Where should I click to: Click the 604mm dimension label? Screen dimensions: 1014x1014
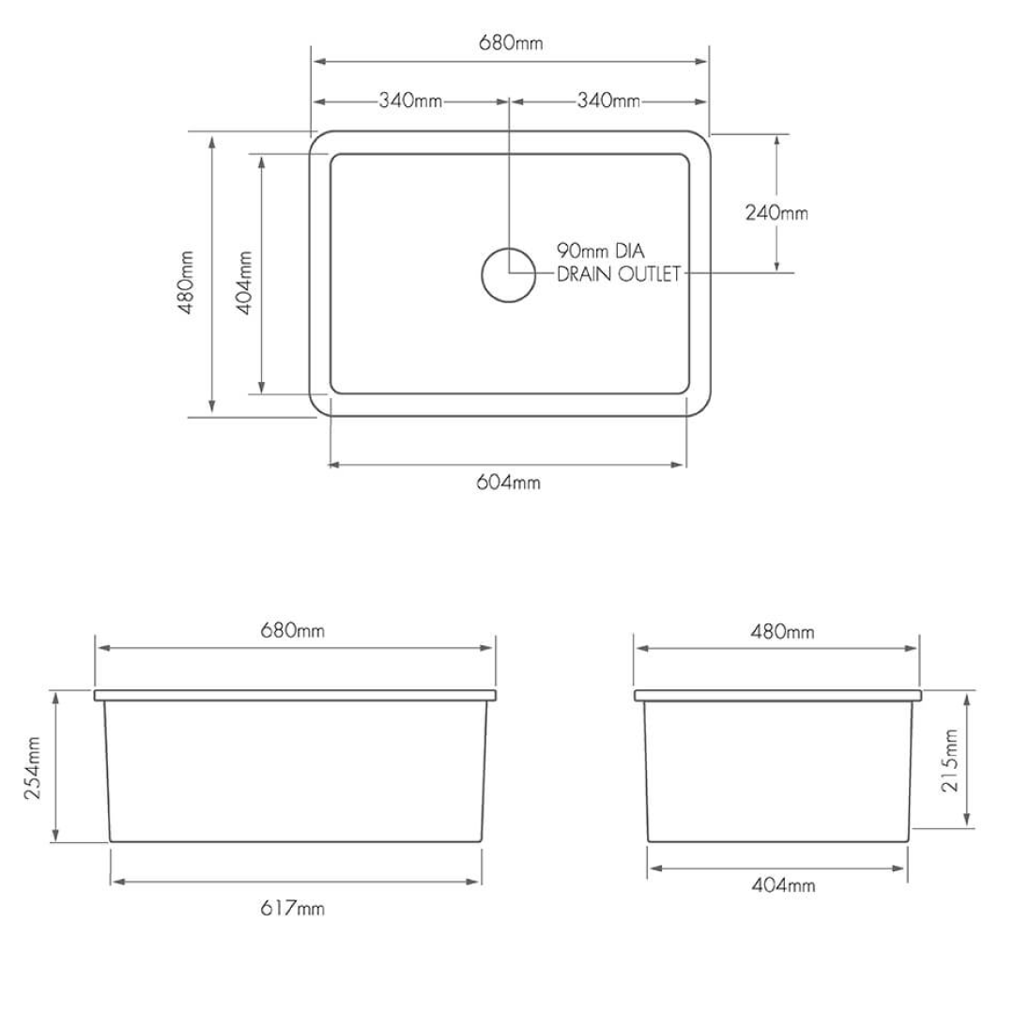coord(509,483)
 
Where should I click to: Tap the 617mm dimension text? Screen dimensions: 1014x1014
coord(293,908)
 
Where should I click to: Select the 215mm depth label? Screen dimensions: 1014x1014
coord(952,760)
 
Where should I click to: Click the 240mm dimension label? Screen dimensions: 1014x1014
coord(776,213)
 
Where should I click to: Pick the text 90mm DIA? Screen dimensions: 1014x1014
coord(601,251)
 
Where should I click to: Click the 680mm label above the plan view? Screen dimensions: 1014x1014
coord(511,42)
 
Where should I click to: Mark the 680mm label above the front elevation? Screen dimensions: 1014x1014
coord(293,630)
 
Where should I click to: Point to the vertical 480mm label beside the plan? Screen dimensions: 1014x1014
coord(188,283)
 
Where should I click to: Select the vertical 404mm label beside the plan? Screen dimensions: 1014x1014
coord(246,282)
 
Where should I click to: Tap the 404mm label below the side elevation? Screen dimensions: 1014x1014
coord(783,885)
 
